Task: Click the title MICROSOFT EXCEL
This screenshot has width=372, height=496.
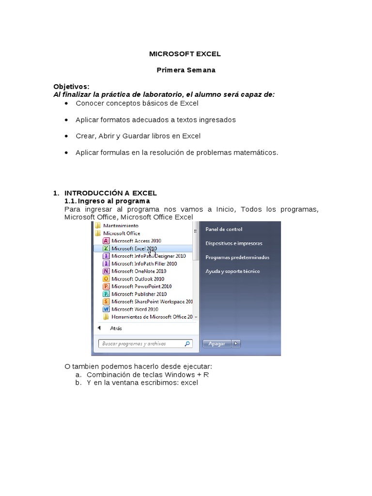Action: [186, 55]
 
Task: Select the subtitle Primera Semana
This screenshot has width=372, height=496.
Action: [186, 70]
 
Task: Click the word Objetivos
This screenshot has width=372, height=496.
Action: [71, 87]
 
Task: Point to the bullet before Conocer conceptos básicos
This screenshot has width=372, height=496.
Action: [66, 103]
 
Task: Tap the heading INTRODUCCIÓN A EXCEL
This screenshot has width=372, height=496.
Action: [110, 193]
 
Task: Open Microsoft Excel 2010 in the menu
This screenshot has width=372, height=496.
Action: [134, 248]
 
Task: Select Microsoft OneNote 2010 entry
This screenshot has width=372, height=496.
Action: [139, 271]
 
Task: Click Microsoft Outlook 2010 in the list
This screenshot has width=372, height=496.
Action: [138, 279]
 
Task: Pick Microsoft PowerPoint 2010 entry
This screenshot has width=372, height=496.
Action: [141, 286]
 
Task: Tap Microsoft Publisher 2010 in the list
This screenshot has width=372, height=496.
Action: [139, 294]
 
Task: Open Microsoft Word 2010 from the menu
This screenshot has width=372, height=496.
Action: [134, 309]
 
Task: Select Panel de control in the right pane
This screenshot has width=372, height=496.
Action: [224, 229]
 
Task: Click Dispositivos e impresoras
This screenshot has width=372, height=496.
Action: [234, 243]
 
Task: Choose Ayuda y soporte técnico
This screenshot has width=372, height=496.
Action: [232, 271]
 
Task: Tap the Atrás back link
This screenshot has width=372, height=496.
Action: [116, 328]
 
